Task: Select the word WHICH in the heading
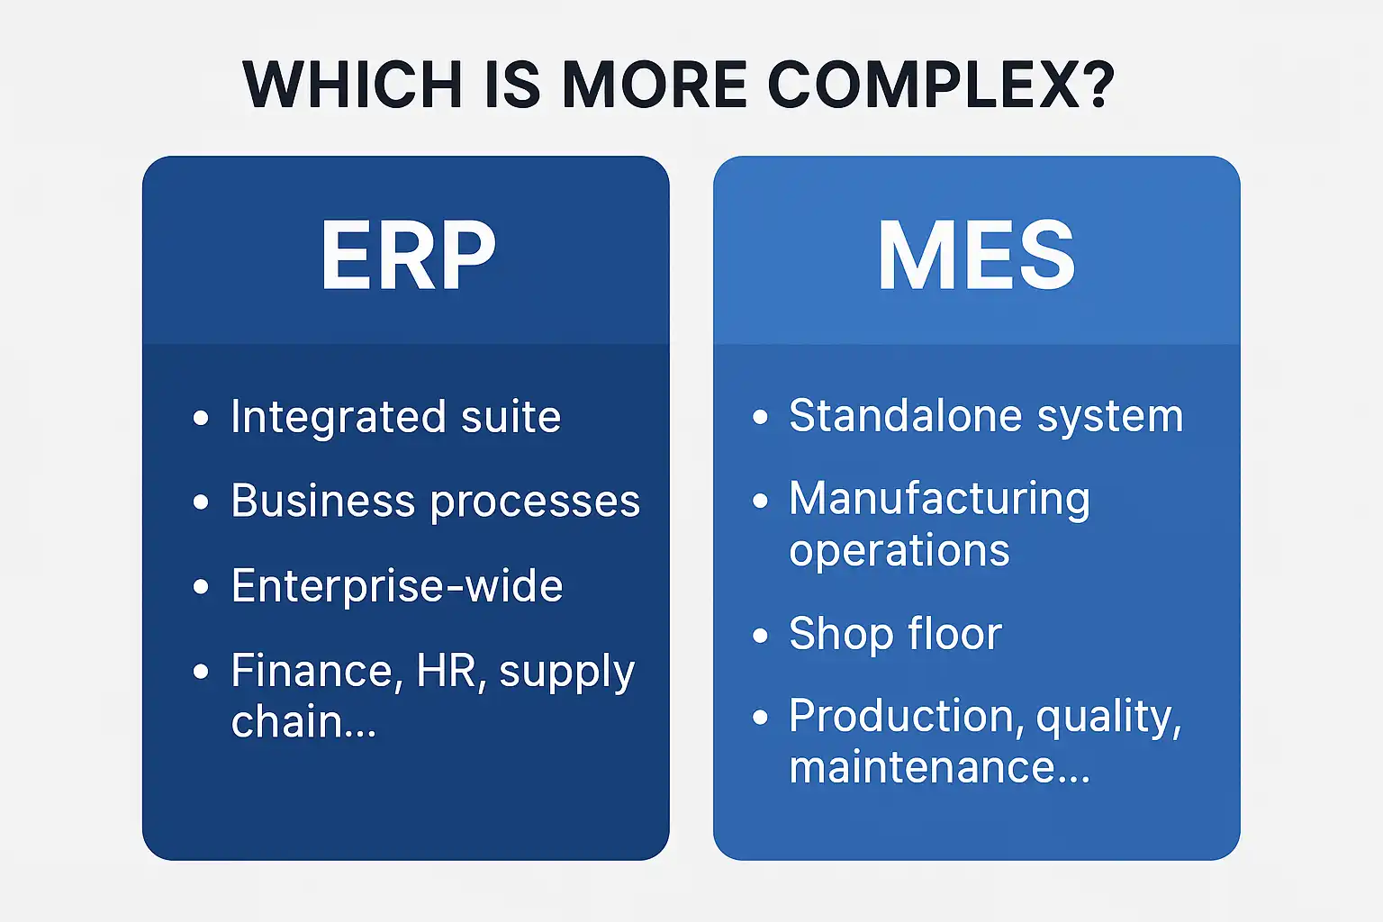pyautogui.click(x=352, y=86)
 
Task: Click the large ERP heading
pyautogui.click(x=408, y=257)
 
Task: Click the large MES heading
pyautogui.click(x=976, y=257)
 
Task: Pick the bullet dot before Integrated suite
pyautogui.click(x=201, y=418)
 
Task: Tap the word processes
pyautogui.click(x=535, y=502)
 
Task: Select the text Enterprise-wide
pyautogui.click(x=397, y=586)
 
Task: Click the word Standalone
pyautogui.click(x=903, y=416)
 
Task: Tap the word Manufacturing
pyautogui.click(x=939, y=500)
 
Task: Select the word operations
pyautogui.click(x=899, y=551)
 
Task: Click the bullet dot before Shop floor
pyautogui.click(x=761, y=636)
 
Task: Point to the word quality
pyautogui.click(x=1107, y=718)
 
